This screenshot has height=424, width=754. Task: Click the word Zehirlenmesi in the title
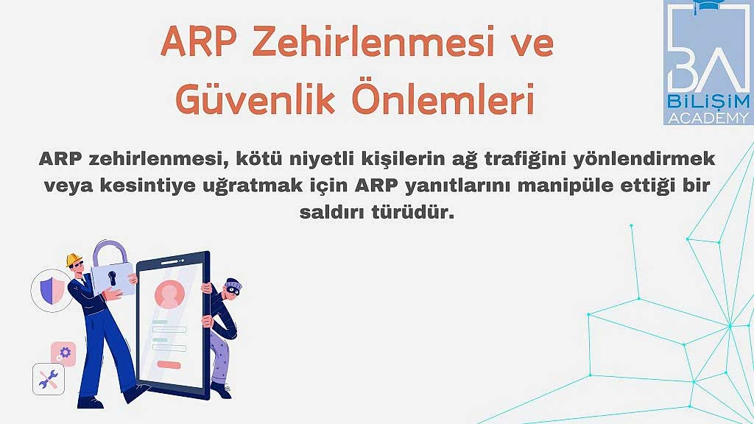click(x=373, y=41)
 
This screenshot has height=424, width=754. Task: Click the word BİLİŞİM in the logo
click(x=708, y=102)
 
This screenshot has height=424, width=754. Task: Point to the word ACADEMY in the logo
click(x=708, y=118)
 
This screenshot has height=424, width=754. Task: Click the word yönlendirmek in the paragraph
click(x=644, y=159)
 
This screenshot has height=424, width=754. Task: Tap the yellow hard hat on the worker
click(x=74, y=260)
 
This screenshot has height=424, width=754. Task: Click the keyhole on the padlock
click(x=113, y=278)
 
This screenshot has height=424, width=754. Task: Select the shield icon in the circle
click(x=52, y=291)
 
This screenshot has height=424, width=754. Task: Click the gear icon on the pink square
click(x=65, y=353)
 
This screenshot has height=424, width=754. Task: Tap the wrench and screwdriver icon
click(x=48, y=379)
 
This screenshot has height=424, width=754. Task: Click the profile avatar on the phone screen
click(x=169, y=294)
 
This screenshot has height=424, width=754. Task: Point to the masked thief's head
click(x=232, y=289)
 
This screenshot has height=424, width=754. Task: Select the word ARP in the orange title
click(x=199, y=41)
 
